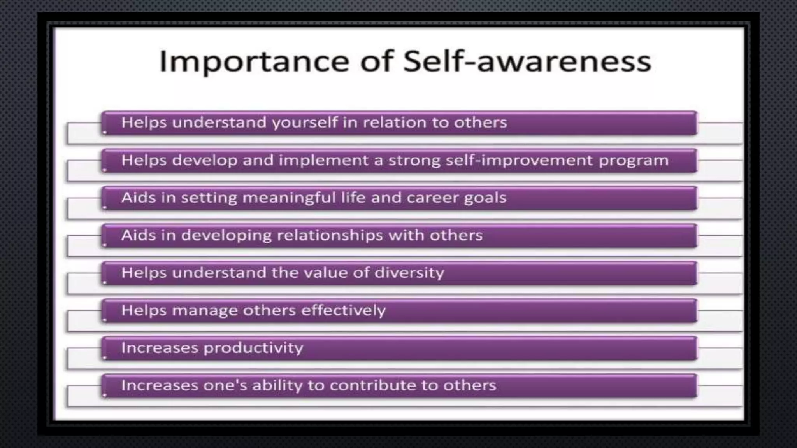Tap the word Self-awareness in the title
527,61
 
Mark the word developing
226,236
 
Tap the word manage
205,311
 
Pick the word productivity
253,348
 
